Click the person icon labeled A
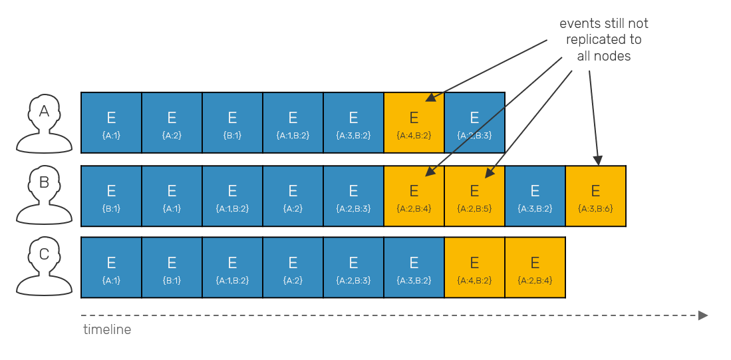(44, 123)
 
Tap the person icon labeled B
(44, 195)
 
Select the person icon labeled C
(44, 266)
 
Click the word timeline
(107, 329)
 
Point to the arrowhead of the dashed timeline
(702, 315)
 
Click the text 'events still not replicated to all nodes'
(603, 40)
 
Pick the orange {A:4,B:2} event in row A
(414, 122)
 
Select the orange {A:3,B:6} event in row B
(595, 196)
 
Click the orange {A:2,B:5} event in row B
(474, 196)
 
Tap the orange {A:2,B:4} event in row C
(535, 268)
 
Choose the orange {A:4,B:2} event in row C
(474, 268)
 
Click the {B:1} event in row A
(232, 122)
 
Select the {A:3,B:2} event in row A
(353, 122)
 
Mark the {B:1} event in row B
(111, 196)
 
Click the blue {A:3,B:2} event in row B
(535, 196)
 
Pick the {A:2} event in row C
(293, 268)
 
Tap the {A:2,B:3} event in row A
(474, 122)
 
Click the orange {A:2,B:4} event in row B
(414, 196)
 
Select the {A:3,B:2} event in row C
(414, 268)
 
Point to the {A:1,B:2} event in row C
(232, 268)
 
